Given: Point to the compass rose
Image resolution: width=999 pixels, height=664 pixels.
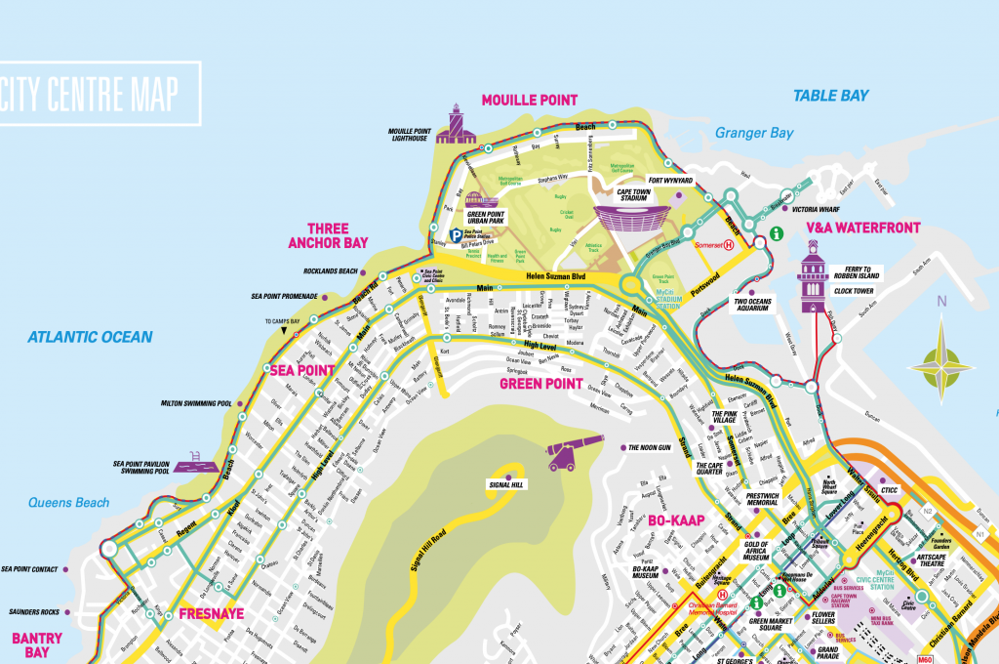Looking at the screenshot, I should point(941,368).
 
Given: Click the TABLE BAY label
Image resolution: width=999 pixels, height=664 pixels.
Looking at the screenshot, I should point(829,96).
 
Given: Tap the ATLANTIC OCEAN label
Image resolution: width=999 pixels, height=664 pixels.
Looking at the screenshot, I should point(90,337).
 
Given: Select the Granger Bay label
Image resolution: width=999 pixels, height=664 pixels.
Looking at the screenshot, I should point(754,133).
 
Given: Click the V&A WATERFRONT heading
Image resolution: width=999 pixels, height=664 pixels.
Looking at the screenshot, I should point(862,228).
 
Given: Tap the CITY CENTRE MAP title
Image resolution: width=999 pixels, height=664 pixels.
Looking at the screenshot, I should point(90,95).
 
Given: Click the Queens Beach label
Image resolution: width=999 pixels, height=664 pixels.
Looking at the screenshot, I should point(68,503).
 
